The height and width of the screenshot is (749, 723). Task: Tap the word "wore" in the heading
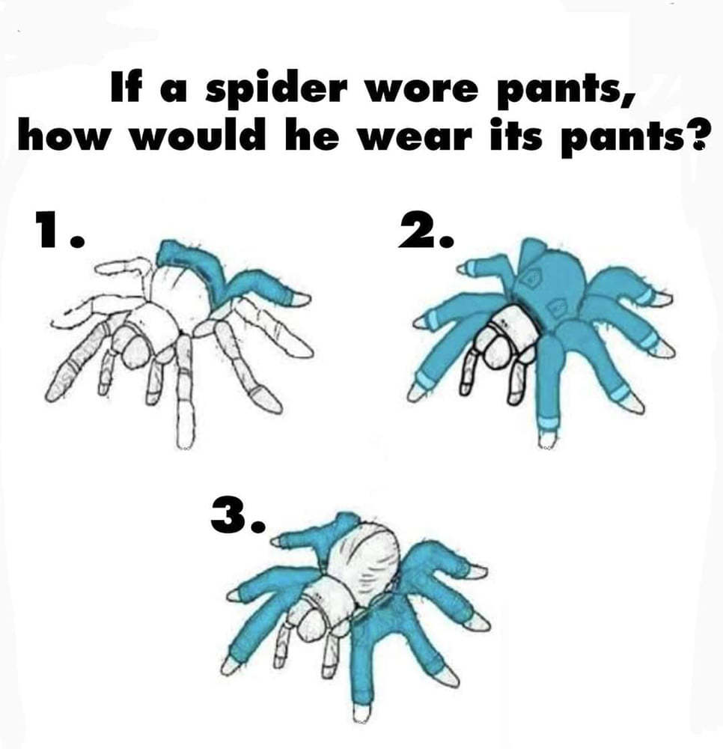point(421,91)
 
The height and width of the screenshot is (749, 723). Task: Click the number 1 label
point(59,230)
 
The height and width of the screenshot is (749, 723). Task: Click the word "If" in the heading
point(121,88)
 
